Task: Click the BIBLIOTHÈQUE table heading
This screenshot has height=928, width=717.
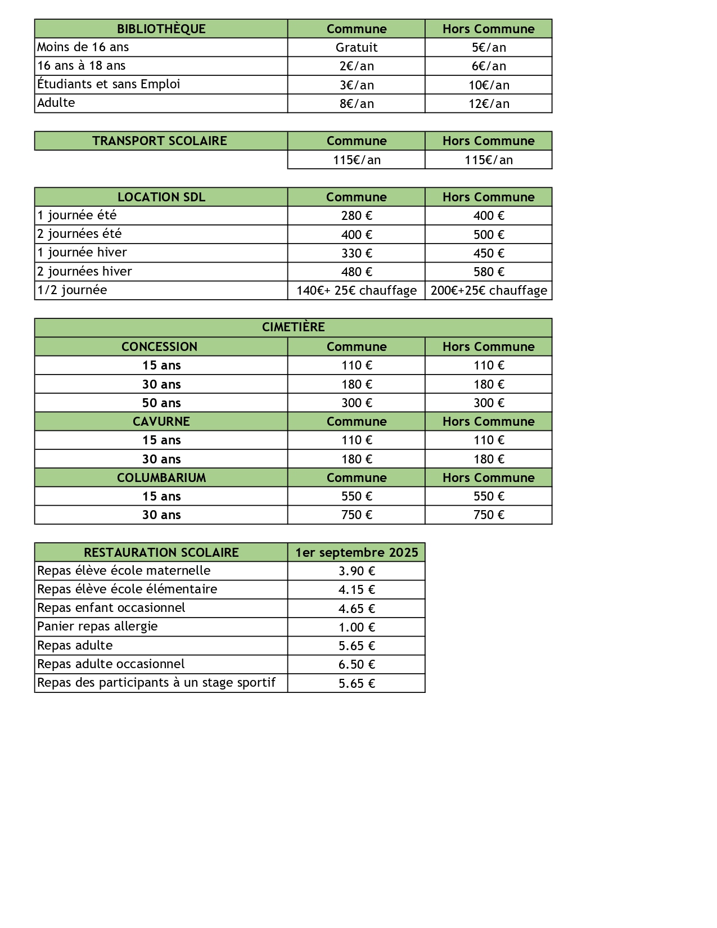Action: point(161,29)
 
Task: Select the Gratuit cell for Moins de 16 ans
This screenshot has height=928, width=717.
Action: point(356,47)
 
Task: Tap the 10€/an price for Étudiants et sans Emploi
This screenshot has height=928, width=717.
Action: point(489,85)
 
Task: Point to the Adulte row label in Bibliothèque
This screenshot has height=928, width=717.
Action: point(56,103)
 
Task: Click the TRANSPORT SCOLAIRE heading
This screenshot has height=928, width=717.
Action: point(160,141)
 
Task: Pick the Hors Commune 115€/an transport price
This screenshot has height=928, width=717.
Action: point(489,160)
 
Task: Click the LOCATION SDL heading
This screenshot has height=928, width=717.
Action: point(161,197)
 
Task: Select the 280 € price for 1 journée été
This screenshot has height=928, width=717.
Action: point(356,215)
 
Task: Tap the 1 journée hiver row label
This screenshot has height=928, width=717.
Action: point(82,253)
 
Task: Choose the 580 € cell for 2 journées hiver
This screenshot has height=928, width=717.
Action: point(489,272)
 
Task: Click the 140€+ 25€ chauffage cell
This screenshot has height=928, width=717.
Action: point(356,290)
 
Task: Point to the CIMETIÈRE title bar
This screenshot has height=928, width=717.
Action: point(293,327)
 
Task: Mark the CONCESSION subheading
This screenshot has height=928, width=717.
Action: point(160,346)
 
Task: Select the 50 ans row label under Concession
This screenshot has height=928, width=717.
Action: point(161,403)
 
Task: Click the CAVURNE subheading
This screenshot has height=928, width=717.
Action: point(161,421)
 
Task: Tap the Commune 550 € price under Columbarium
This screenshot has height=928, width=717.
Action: point(356,496)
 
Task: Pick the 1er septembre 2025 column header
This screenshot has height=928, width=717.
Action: point(357,552)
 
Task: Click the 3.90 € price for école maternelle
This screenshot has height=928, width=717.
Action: point(356,571)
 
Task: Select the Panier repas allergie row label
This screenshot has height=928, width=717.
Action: point(97,627)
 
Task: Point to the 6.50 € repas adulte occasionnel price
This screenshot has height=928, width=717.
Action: point(356,664)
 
